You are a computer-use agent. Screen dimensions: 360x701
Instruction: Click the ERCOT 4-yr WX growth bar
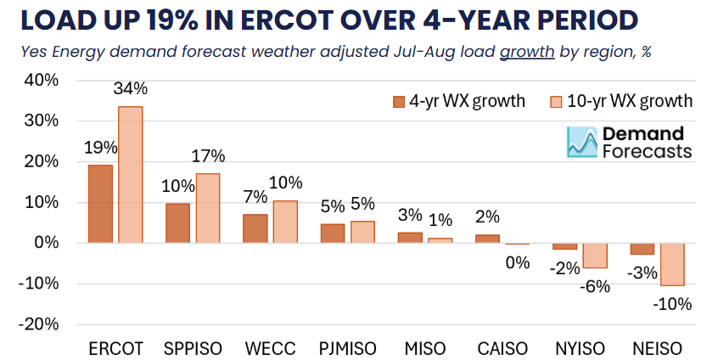tap(100, 204)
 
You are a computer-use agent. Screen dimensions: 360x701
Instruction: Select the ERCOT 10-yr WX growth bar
tap(130, 175)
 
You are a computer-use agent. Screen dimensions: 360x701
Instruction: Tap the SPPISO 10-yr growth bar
tap(208, 209)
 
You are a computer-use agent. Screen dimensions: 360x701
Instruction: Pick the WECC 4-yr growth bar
tap(255, 228)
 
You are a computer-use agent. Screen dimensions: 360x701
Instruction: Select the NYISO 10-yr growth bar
tap(594, 256)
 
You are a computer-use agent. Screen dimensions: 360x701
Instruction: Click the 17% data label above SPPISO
tap(208, 156)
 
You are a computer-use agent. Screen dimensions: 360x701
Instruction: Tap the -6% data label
tap(595, 285)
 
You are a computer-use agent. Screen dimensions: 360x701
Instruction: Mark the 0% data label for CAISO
tap(518, 262)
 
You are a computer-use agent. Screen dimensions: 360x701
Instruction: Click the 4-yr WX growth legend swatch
tap(400, 102)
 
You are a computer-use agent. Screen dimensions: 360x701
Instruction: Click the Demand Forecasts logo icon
tap(581, 142)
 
